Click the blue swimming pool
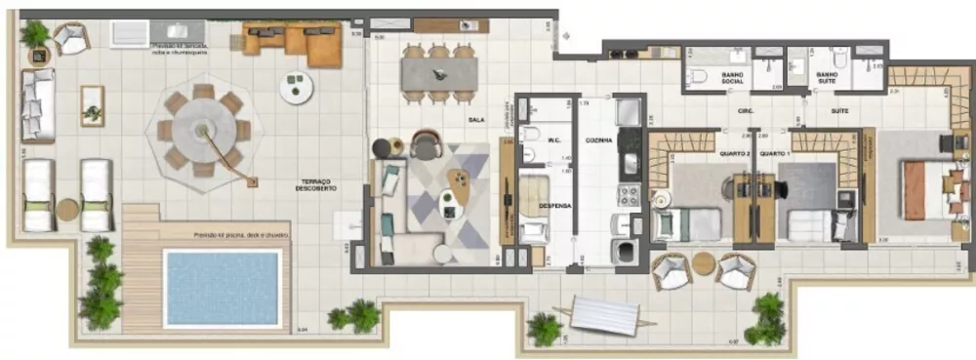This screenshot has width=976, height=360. click(x=223, y=288)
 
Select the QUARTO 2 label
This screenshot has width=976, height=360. click(x=733, y=153)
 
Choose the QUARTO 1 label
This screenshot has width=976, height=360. click(x=775, y=153)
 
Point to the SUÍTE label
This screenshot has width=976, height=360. click(x=839, y=111)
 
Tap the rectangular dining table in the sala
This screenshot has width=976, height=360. click(x=438, y=72)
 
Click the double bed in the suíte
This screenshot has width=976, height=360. click(x=927, y=190)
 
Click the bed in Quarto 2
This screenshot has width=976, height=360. click(x=687, y=224)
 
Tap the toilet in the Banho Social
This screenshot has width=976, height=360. click(x=698, y=76)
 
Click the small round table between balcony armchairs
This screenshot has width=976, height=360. click(x=704, y=263)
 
